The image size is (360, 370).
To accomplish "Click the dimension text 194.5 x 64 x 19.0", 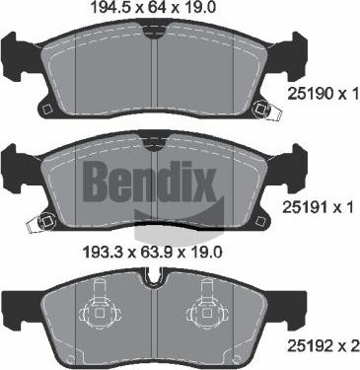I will tap(153, 10).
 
